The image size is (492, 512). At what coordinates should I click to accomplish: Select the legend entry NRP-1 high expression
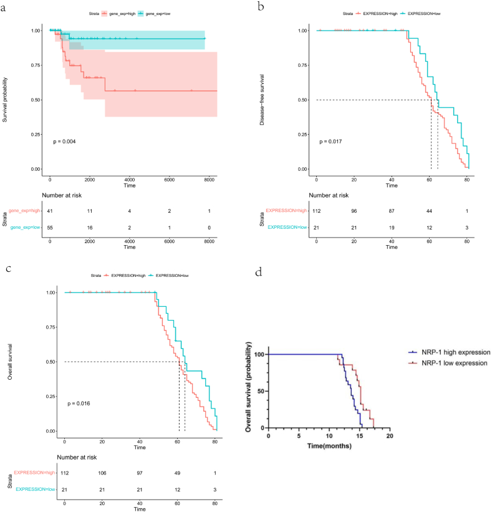click(x=445, y=352)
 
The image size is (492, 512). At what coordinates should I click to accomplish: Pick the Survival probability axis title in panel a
click(x=6, y=100)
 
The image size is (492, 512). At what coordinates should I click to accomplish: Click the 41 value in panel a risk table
click(x=51, y=212)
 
